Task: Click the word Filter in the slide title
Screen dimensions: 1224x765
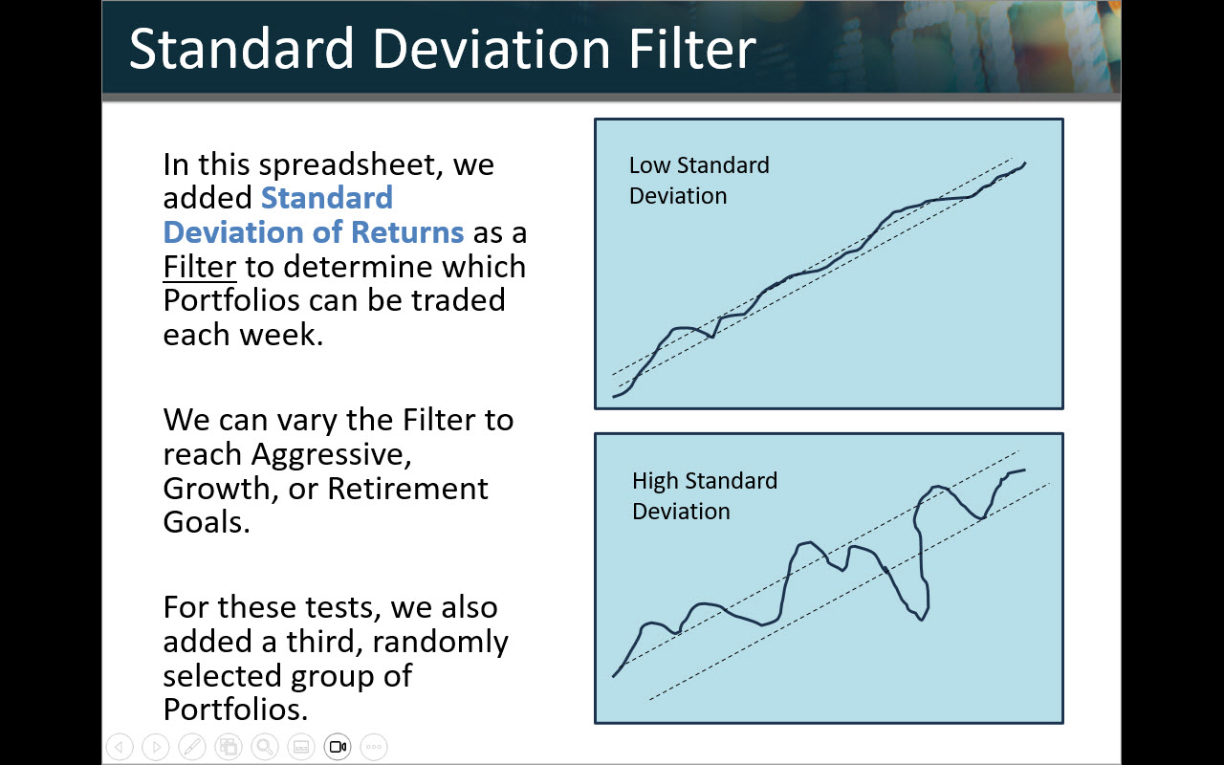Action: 692,49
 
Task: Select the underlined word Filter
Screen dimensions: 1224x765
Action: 200,267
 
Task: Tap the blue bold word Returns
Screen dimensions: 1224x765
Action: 407,232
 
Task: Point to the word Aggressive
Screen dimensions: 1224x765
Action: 331,454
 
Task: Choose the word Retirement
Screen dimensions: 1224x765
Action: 407,488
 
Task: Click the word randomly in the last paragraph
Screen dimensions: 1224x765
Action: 440,642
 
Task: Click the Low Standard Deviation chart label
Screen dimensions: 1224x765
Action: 699,181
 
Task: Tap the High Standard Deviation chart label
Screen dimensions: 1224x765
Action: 705,496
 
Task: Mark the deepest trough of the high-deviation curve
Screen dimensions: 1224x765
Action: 921,620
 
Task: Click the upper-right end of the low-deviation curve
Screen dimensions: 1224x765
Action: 1025,163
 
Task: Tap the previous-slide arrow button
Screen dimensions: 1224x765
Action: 120,747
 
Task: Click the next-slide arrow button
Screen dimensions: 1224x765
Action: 156,747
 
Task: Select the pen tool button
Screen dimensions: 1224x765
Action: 192,747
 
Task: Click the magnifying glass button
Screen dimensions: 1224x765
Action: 265,747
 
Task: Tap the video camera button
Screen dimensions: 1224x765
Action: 338,747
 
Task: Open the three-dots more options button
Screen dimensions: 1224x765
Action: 374,747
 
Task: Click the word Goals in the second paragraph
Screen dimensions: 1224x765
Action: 207,522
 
